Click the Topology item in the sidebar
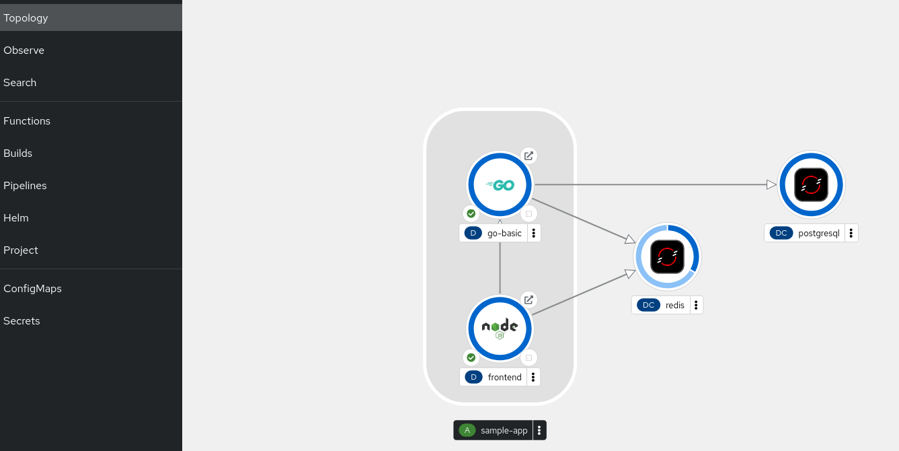(x=26, y=18)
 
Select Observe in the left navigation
(x=24, y=50)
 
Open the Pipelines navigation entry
(x=25, y=186)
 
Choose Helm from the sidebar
(x=16, y=218)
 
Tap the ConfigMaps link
(x=32, y=289)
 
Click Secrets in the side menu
(x=22, y=321)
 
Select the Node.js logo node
(x=500, y=328)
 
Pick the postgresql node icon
(x=811, y=184)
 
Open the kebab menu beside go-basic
(x=534, y=233)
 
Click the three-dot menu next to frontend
(x=533, y=377)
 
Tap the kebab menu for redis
(x=696, y=305)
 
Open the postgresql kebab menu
(x=851, y=233)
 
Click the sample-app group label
(x=504, y=430)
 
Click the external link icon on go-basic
(x=529, y=155)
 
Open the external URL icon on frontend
(x=529, y=300)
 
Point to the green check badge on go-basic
(x=471, y=213)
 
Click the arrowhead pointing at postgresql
(x=772, y=184)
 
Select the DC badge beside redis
(x=648, y=305)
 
